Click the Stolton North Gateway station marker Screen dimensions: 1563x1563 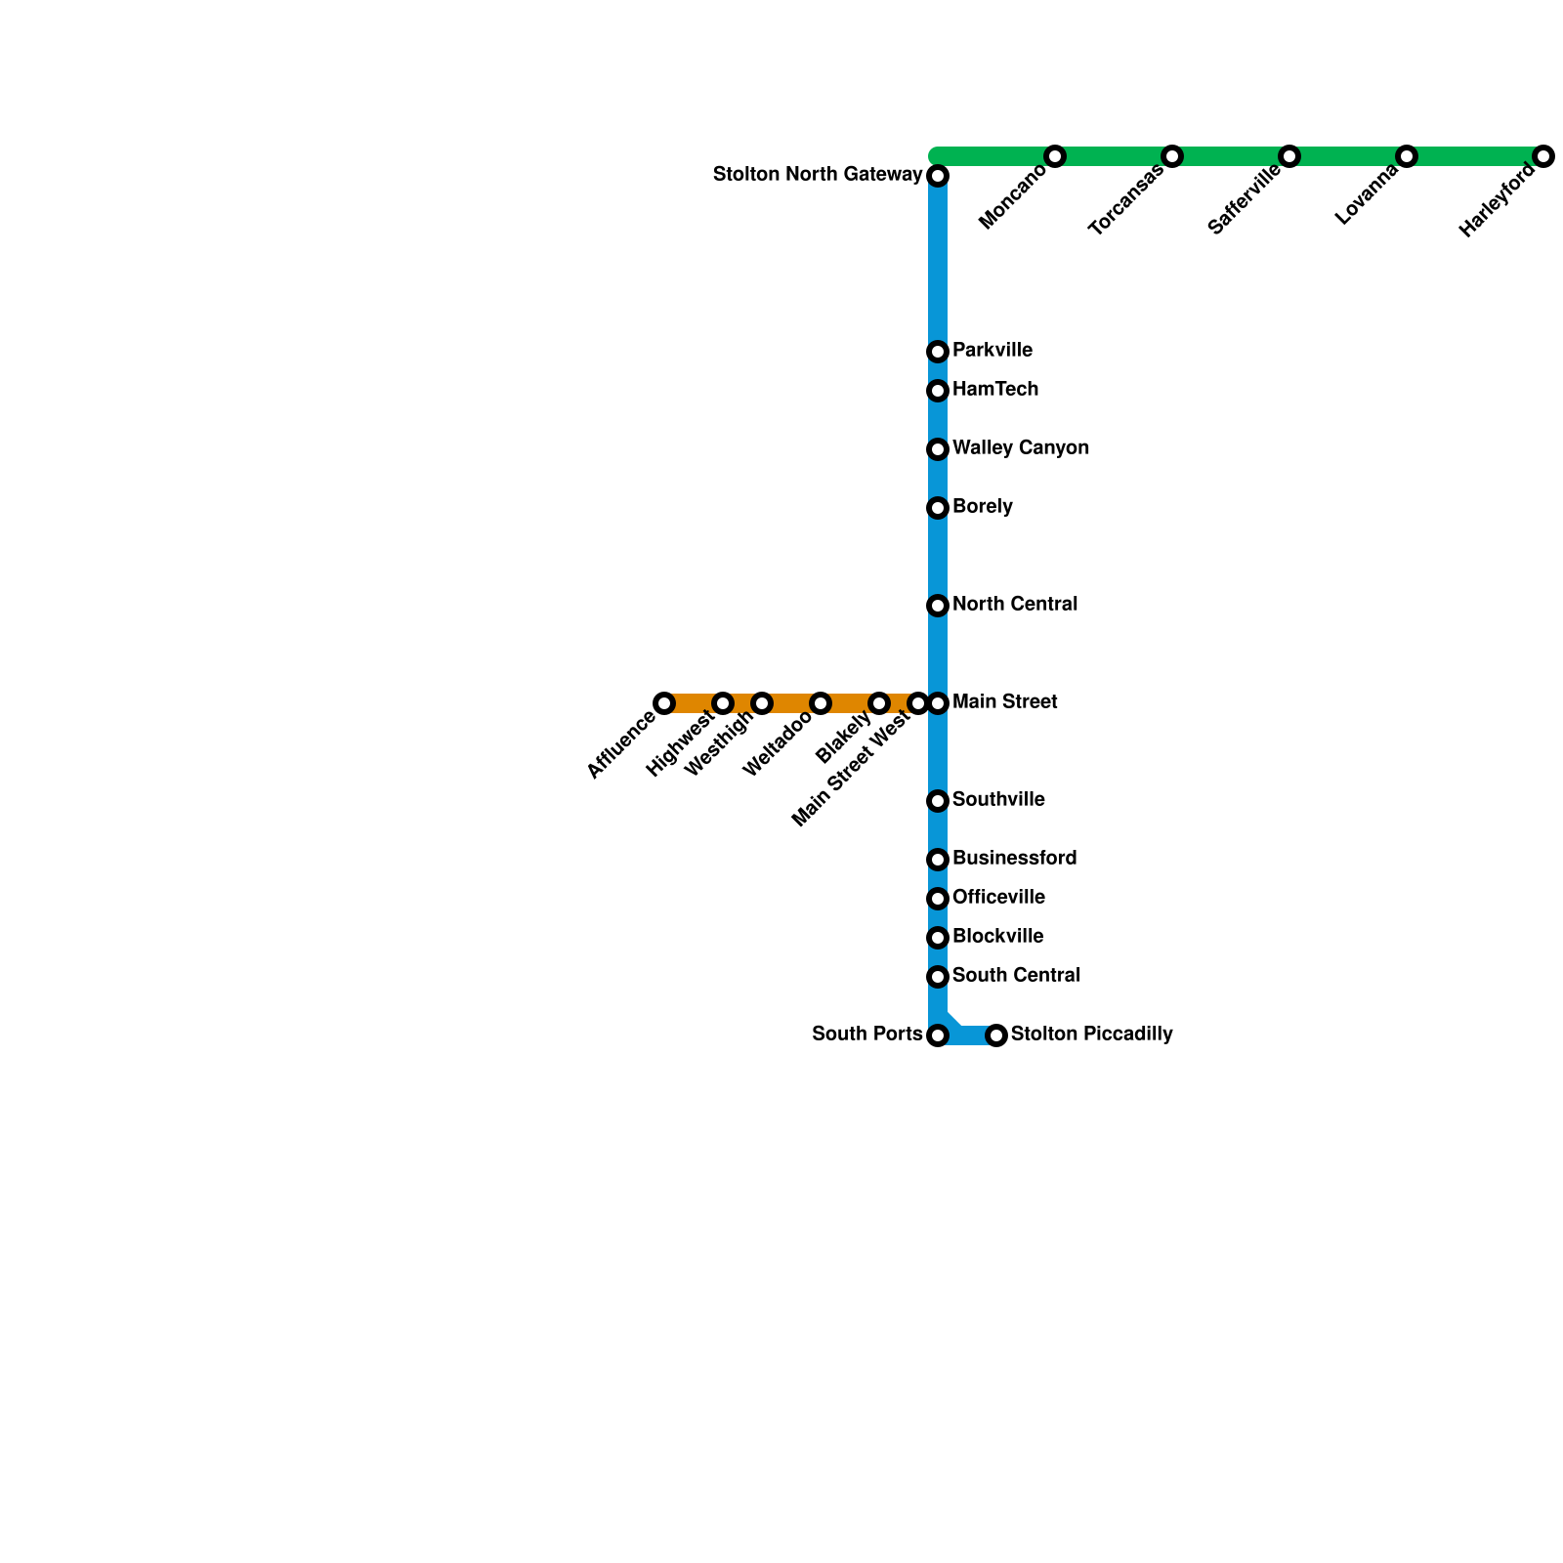click(x=938, y=176)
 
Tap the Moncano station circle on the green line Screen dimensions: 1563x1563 click(x=1054, y=156)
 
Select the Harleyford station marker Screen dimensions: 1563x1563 click(x=1542, y=156)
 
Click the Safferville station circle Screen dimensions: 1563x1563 click(x=1289, y=156)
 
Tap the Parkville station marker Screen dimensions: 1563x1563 click(x=938, y=352)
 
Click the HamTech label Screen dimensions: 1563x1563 click(x=994, y=390)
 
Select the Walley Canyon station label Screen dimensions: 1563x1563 click(x=1020, y=448)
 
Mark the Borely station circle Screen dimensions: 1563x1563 click(x=938, y=508)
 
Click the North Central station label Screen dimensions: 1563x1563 click(x=1014, y=605)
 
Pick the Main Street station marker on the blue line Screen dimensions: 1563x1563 click(x=938, y=703)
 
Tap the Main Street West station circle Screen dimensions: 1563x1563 click(x=917, y=703)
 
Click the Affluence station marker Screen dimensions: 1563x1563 click(x=664, y=703)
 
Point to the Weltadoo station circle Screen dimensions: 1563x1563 click(x=821, y=703)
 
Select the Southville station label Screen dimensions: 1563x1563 click(x=997, y=800)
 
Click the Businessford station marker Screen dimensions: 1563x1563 click(x=938, y=860)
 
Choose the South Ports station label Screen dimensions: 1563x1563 click(x=866, y=1035)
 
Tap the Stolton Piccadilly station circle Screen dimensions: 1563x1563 click(x=996, y=1035)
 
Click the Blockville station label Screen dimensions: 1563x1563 click(x=997, y=937)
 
